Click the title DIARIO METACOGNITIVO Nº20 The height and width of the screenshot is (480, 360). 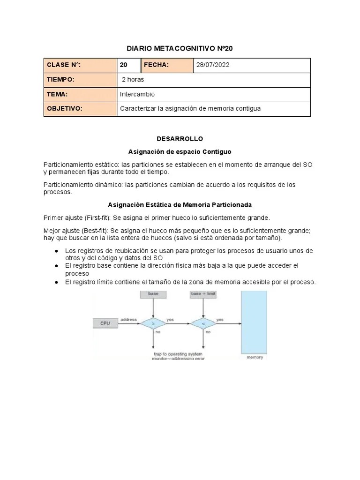180,48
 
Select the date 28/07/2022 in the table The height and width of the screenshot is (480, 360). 213,65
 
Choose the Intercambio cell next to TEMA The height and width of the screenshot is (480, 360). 137,94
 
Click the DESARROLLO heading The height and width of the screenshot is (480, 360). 180,139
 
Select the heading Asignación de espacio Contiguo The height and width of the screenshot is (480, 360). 180,152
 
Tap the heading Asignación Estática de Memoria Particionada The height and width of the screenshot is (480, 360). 180,205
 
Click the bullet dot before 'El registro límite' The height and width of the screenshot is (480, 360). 56,282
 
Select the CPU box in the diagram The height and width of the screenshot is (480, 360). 106,323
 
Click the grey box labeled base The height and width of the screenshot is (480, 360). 153,294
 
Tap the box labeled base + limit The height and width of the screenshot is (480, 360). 203,294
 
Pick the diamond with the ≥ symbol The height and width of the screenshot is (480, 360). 153,323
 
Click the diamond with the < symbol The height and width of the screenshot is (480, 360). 202,323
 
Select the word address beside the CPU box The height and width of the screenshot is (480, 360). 128,320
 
